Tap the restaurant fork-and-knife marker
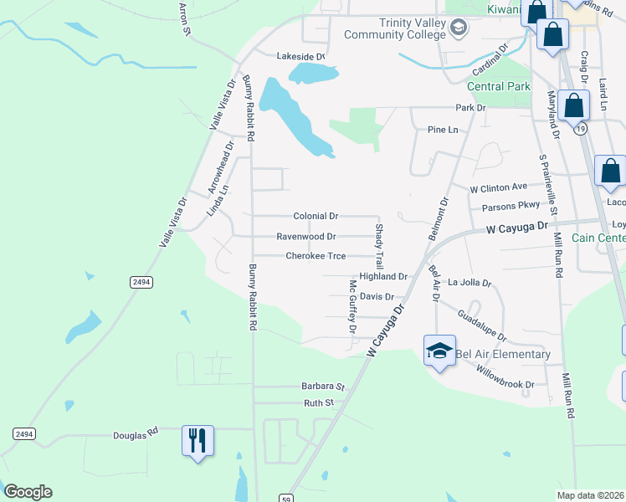coord(198,440)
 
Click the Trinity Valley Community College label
coord(414,28)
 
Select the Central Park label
coord(498,86)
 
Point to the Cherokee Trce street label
coord(316,256)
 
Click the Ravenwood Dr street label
coord(305,237)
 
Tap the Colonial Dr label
coord(316,216)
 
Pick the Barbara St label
coord(323,387)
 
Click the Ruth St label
coord(318,402)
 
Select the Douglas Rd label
coord(136,435)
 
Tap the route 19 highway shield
coord(580,130)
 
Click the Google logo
coord(28,492)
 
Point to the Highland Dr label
coord(382,276)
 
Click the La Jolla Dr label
coord(469,283)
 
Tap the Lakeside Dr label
coord(300,56)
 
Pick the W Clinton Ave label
coord(498,187)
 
